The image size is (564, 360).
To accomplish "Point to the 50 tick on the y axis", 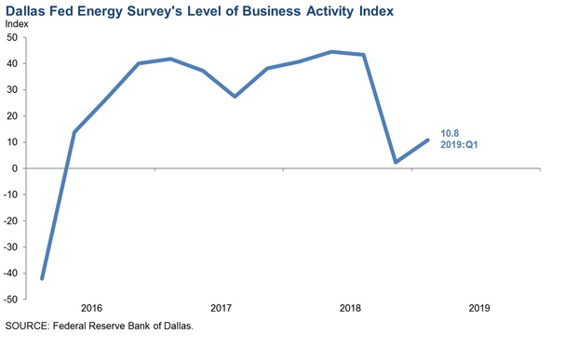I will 12,38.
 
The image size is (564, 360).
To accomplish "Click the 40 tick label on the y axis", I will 12,64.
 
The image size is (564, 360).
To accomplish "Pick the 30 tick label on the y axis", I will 12,90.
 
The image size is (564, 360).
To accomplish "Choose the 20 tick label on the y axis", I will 12,116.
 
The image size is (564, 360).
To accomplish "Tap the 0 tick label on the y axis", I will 15,168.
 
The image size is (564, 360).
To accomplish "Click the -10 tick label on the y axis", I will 10,195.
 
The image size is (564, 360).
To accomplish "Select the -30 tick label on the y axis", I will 10,247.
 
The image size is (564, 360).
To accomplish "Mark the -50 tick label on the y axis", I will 10,300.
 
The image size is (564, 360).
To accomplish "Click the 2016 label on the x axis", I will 91,308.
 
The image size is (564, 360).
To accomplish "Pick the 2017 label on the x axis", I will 221,308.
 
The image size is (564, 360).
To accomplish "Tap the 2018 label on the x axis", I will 351,308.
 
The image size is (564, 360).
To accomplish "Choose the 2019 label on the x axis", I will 479,308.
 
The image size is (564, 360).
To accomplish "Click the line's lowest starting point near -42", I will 43,278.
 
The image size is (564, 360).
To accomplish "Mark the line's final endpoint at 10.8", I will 428,140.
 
